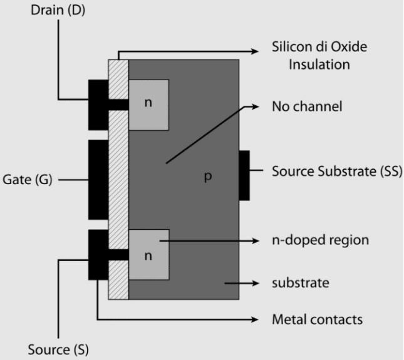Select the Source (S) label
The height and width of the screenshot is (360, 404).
(x=57, y=348)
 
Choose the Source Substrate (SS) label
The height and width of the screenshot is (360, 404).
(x=336, y=171)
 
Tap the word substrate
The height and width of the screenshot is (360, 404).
(x=300, y=283)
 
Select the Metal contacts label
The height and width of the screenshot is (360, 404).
(x=317, y=319)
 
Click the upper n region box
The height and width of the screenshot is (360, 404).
(x=148, y=104)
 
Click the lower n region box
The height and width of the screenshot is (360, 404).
(x=148, y=254)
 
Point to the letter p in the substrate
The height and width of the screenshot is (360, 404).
(x=208, y=177)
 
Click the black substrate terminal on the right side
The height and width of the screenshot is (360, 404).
(x=244, y=175)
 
